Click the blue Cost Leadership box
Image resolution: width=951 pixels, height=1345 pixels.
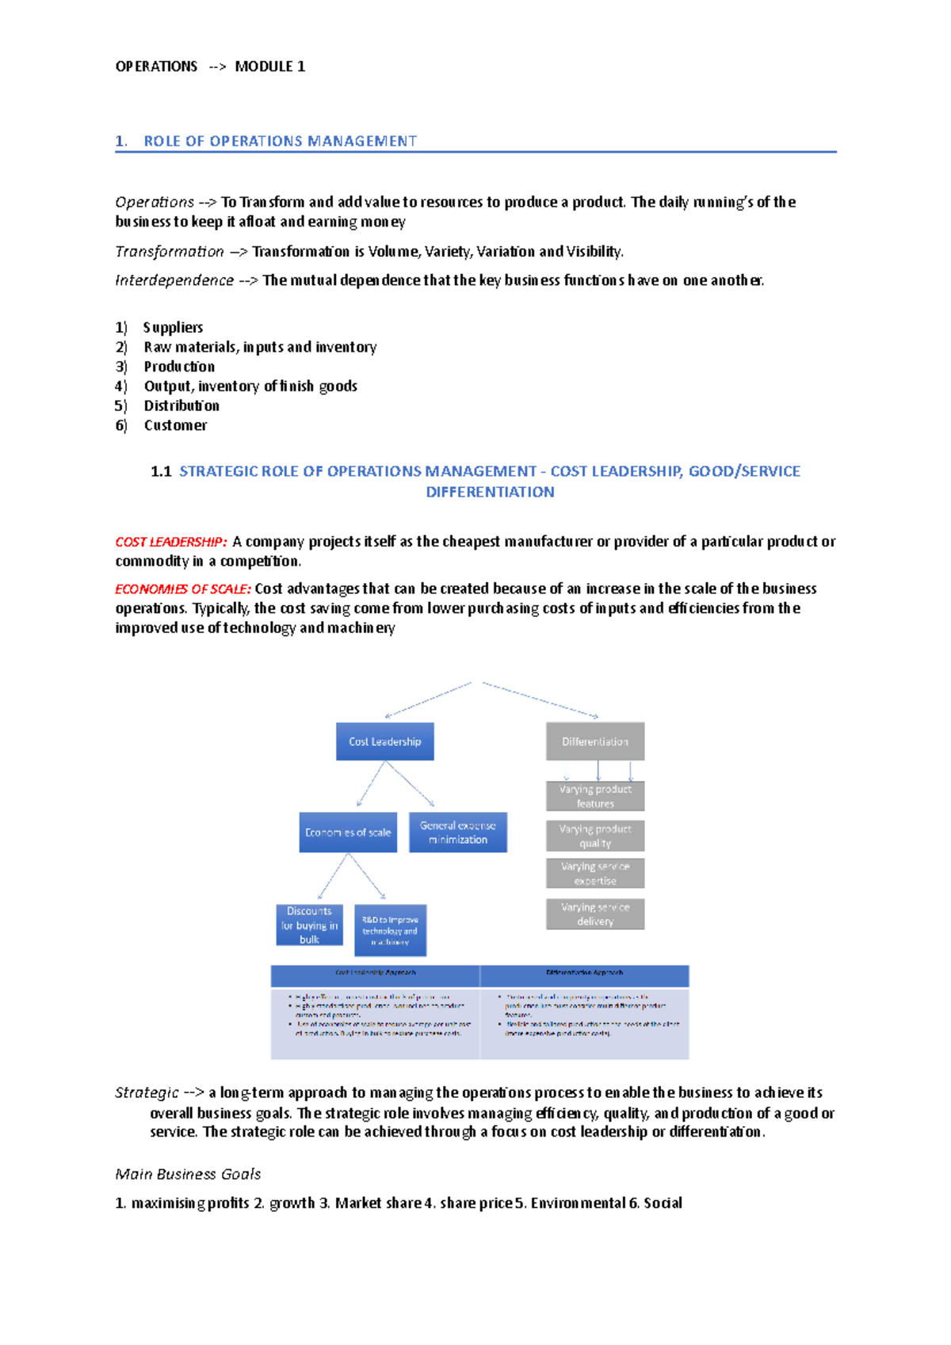tap(384, 741)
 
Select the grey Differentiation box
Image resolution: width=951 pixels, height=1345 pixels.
tap(594, 741)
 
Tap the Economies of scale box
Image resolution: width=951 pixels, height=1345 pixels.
tap(348, 833)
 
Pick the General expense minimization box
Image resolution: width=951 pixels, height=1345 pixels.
tap(457, 833)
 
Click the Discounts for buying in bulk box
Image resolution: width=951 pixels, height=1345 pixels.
tap(309, 925)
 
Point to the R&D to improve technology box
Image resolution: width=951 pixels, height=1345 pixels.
tap(390, 931)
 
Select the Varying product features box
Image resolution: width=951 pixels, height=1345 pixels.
tap(594, 796)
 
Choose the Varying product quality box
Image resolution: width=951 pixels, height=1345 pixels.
tap(594, 836)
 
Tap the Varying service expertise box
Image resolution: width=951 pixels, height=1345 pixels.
tap(594, 874)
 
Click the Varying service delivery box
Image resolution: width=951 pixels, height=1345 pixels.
tap(594, 914)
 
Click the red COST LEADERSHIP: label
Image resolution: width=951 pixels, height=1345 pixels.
tap(171, 543)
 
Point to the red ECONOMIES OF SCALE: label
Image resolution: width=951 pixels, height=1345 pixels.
tap(183, 589)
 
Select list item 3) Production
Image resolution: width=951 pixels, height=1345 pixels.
tap(179, 367)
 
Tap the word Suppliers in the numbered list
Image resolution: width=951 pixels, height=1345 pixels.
tap(173, 328)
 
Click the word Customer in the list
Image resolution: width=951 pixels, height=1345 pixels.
tap(175, 425)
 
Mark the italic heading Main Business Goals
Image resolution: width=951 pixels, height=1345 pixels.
tap(188, 1174)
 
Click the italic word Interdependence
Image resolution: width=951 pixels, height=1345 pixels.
tap(174, 280)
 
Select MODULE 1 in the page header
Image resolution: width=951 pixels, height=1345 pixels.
tap(269, 67)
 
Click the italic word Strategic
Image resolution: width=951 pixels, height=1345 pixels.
tap(147, 1093)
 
